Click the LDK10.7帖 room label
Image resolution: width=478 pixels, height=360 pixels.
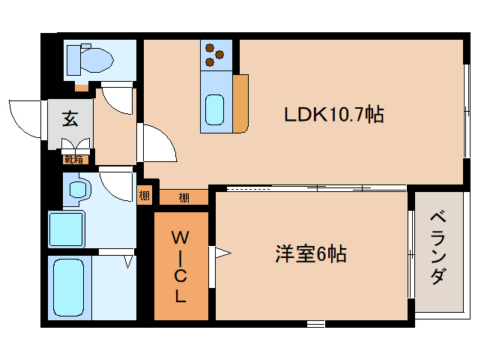point(333,115)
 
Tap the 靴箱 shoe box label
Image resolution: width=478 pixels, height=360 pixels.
point(73,158)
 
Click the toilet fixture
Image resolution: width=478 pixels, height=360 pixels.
point(88,58)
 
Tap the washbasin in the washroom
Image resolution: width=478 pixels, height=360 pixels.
point(78,189)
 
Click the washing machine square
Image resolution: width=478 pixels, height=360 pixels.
point(67,228)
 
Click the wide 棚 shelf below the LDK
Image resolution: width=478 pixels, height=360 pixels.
point(184,198)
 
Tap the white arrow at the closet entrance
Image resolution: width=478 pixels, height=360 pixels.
point(223,253)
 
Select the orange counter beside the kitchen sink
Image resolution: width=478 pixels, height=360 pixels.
point(240,103)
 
